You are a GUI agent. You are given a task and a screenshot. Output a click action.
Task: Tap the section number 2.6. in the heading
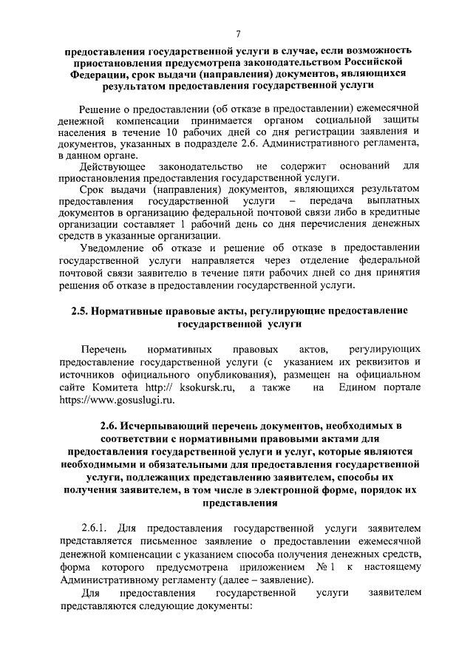(110, 427)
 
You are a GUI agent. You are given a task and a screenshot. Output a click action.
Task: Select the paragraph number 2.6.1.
(95, 529)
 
